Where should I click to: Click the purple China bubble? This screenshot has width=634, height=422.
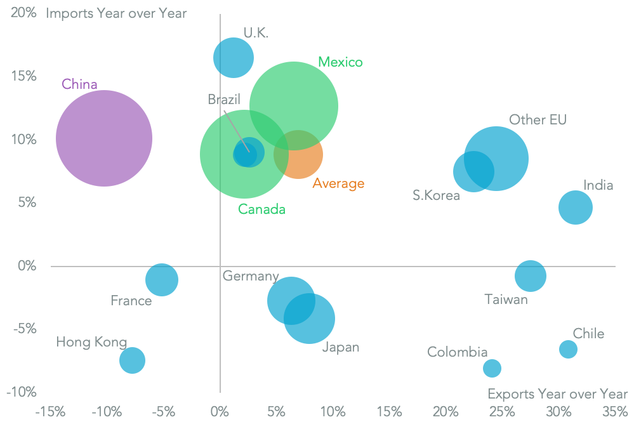pyautogui.click(x=104, y=138)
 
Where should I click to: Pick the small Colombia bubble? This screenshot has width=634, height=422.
pyautogui.click(x=492, y=368)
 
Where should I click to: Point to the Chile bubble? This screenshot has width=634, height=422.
pyautogui.click(x=568, y=349)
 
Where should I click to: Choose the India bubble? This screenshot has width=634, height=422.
pyautogui.click(x=576, y=207)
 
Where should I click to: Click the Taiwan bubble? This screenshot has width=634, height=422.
pyautogui.click(x=531, y=276)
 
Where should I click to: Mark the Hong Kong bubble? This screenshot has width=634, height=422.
pyautogui.click(x=132, y=360)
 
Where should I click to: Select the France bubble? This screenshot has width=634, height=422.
pyautogui.click(x=162, y=280)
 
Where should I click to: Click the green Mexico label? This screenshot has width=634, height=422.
pyautogui.click(x=340, y=62)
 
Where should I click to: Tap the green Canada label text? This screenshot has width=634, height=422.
pyautogui.click(x=261, y=209)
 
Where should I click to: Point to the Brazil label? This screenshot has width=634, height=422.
pyautogui.click(x=225, y=100)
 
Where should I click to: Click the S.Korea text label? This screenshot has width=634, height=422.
pyautogui.click(x=436, y=195)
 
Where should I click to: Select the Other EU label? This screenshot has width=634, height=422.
pyautogui.click(x=538, y=120)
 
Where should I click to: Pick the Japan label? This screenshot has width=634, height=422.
pyautogui.click(x=341, y=347)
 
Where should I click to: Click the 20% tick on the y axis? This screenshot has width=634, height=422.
pyautogui.click(x=23, y=13)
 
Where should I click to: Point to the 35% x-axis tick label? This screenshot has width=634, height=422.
pyautogui.click(x=614, y=411)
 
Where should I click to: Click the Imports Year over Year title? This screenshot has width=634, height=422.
pyautogui.click(x=116, y=13)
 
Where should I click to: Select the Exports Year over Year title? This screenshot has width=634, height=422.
pyautogui.click(x=557, y=394)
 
